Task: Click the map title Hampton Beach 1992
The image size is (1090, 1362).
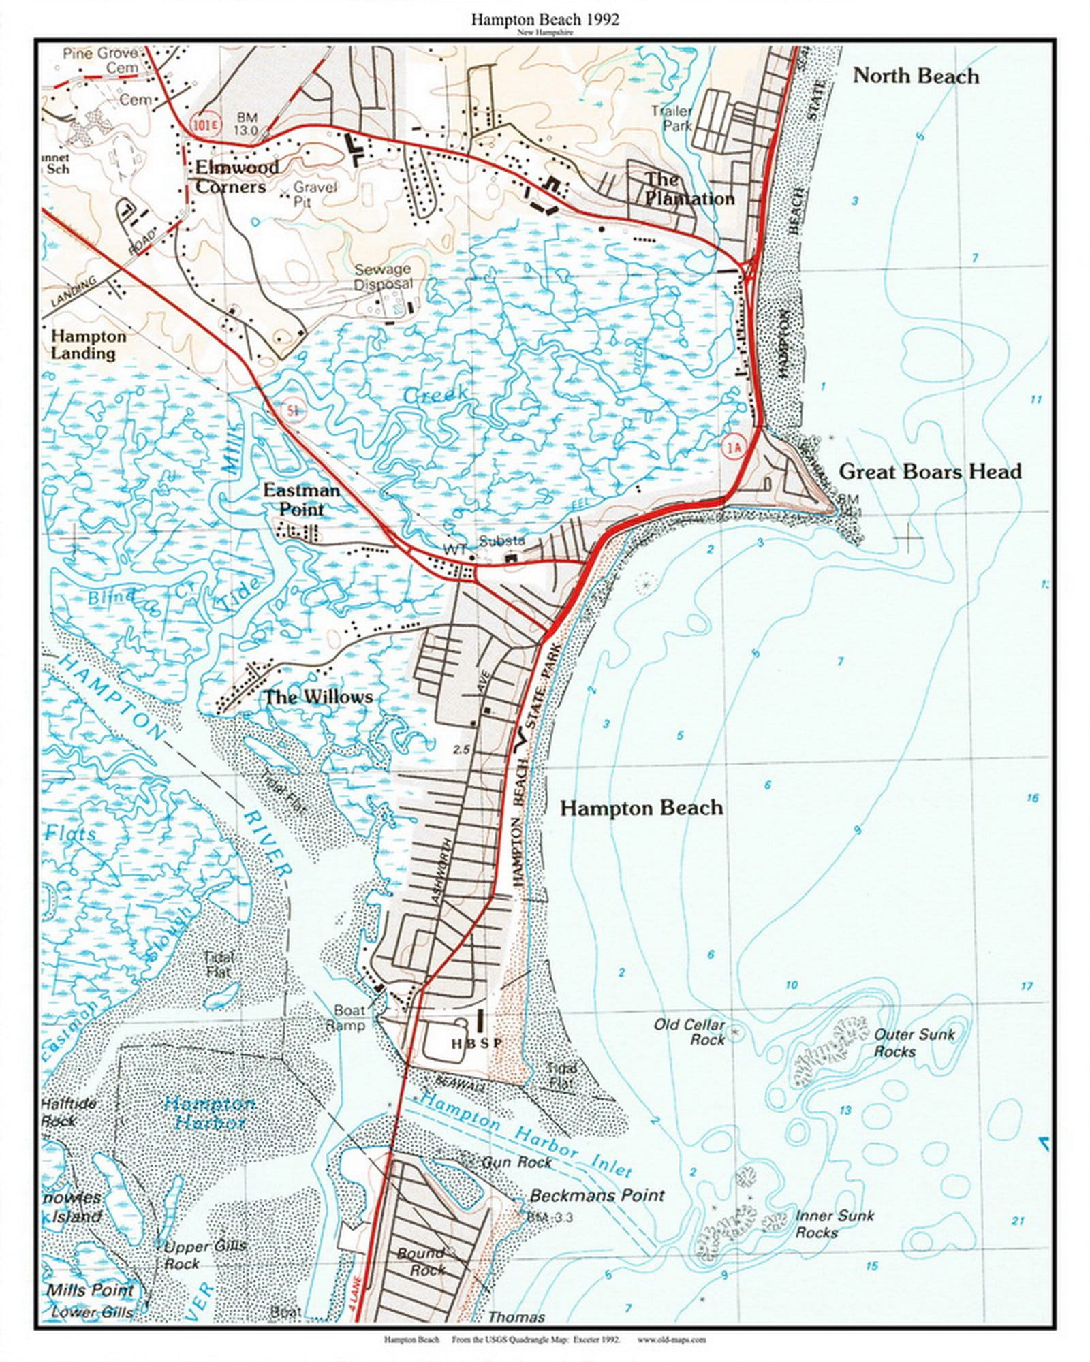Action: pos(545,20)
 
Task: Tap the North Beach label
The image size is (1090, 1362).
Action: pos(916,76)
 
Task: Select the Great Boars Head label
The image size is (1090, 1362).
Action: pos(930,471)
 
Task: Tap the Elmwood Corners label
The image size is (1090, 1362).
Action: pos(236,177)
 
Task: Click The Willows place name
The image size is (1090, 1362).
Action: pos(318,697)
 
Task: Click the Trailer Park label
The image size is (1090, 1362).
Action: pos(672,118)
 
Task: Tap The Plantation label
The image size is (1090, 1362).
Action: pos(688,189)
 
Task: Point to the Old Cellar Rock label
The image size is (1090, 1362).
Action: pos(689,1032)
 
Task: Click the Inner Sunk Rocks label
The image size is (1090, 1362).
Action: pos(834,1224)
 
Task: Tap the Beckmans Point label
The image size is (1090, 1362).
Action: pos(597,1195)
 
